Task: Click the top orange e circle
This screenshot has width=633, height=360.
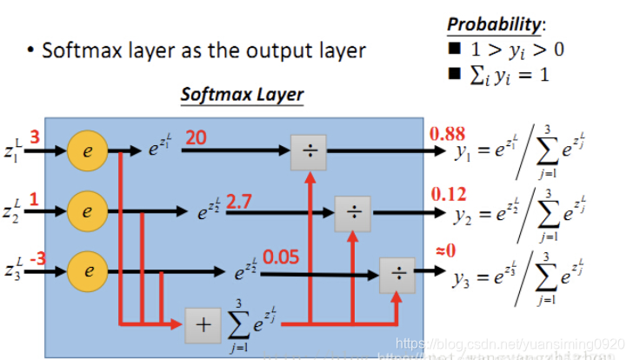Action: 87,150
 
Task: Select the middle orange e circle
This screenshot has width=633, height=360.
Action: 87,210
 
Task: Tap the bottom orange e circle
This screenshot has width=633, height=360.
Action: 87,270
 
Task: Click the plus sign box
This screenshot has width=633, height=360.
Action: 203,325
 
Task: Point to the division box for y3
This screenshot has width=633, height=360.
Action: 397,274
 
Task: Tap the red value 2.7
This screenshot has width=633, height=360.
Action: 238,202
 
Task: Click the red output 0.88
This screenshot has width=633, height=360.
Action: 448,134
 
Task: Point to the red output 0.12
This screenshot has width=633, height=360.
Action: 448,193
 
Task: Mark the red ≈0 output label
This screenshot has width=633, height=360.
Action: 443,251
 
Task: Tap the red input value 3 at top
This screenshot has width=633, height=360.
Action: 35,137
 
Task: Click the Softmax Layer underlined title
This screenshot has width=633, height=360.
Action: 242,94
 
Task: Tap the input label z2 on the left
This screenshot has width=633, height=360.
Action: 11,211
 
